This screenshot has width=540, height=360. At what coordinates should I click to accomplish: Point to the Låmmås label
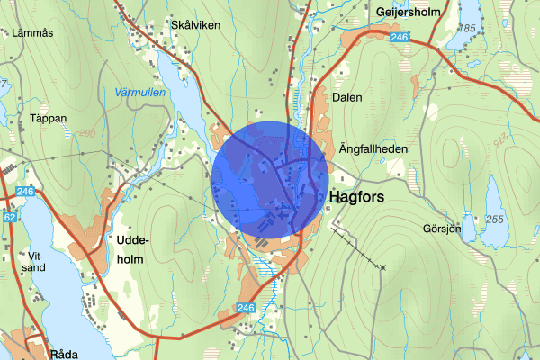pos(33,33)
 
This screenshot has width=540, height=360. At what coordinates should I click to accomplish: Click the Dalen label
pos(346,97)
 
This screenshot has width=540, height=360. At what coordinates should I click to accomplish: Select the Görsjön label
pos(441,228)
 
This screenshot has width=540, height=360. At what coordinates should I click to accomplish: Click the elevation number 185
pos(466,29)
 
